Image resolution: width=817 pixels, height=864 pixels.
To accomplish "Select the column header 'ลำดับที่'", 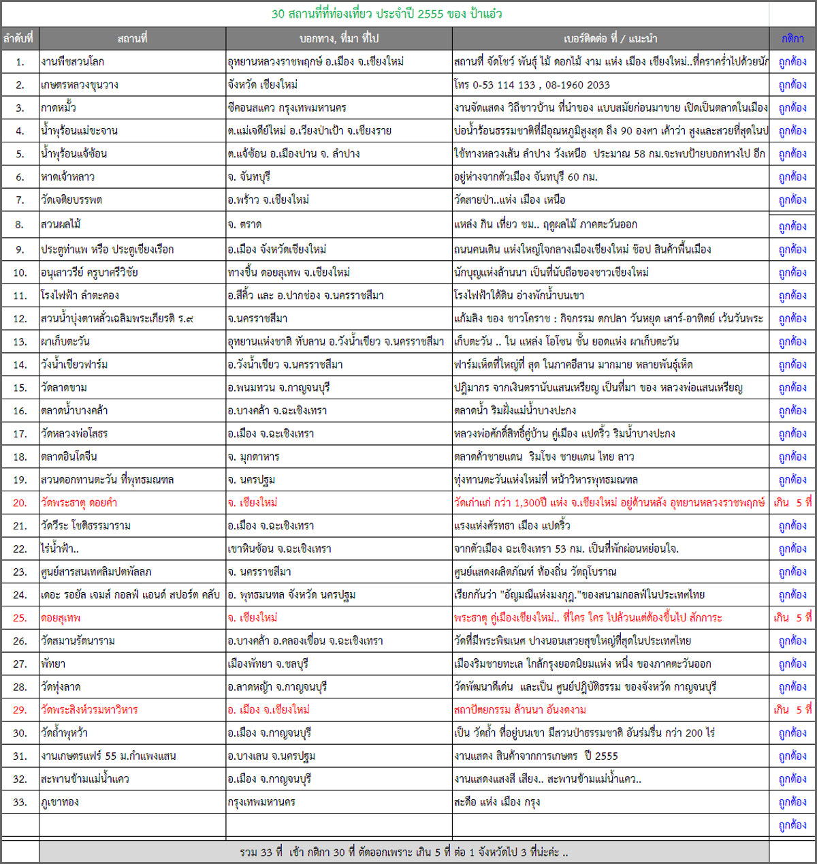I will pos(18,38).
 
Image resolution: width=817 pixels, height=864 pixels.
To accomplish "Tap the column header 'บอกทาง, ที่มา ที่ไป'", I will pos(338,38).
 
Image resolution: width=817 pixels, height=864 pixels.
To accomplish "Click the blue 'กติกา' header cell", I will pos(792,38).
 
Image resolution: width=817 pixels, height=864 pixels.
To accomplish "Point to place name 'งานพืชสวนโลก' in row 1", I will pos(72,61).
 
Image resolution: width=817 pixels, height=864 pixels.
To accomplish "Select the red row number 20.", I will pos(20,503).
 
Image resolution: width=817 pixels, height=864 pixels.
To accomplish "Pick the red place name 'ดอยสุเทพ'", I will pos(61,618).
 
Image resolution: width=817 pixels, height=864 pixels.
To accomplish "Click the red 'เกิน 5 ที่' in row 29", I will pos(792,710).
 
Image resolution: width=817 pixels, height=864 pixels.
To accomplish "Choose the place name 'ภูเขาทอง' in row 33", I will pos(60,802).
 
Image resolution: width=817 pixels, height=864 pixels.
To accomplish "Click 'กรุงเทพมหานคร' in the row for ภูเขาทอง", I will pos(261,802).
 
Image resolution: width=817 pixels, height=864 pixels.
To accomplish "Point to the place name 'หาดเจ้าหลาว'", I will pos(67,176).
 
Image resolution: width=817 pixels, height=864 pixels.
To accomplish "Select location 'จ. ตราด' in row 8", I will pos(244,224).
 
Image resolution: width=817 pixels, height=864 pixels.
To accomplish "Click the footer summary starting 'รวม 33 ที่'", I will pos(403,852).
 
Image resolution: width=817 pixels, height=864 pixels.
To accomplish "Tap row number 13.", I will pos(20,342).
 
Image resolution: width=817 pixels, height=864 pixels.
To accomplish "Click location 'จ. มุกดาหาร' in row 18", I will pos(253,457).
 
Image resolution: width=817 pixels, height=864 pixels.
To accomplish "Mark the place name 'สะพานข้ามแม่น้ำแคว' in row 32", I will pos(85,779).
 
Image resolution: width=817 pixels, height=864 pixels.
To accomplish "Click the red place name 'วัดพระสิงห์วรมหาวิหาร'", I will pos(89,710).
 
